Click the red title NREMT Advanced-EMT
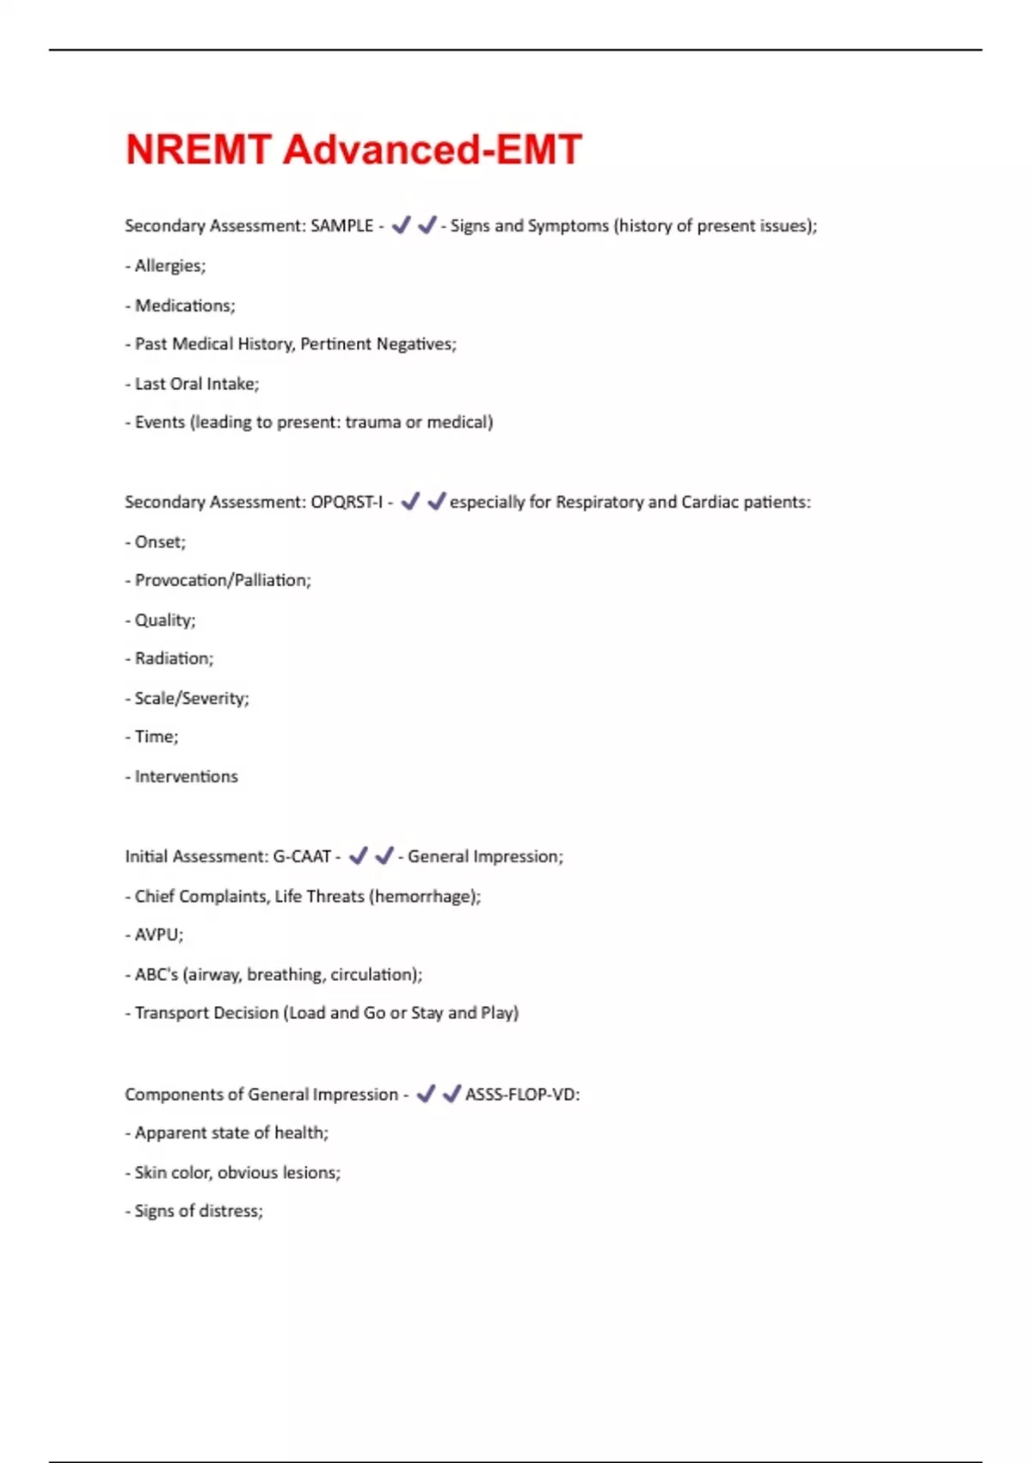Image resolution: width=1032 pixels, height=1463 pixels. pos(353,150)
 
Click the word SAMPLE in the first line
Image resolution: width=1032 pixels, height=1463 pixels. pos(341,225)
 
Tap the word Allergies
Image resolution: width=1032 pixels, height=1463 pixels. pos(169,266)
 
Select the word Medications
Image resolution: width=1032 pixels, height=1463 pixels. pos(184,306)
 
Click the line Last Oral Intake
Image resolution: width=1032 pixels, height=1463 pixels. pos(196,384)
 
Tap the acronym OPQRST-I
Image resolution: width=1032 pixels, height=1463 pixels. pos(346,502)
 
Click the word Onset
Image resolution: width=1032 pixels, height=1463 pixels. pos(159,542)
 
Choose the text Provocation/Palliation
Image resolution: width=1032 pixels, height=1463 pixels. pos(222,581)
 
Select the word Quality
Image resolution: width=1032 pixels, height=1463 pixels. pos(164,620)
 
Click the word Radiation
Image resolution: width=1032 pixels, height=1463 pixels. pos(173,658)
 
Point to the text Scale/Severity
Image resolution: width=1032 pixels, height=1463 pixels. pos(191,698)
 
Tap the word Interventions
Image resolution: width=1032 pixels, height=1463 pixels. pos(186,776)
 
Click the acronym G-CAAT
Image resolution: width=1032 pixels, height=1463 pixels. pos(302,856)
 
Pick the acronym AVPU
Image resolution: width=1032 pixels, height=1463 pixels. pos(158,935)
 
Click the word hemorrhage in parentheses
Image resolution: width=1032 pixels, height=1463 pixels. pos(424,896)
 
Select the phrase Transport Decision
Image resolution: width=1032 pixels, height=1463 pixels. pos(206,1013)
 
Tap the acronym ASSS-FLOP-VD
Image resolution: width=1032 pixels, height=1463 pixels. pos(521,1095)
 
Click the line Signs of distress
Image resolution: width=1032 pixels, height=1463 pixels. pos(198,1211)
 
